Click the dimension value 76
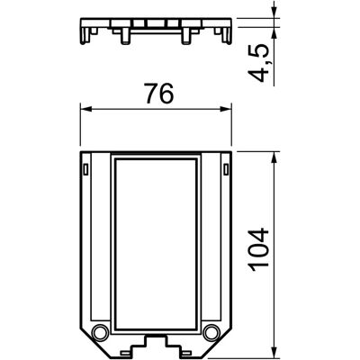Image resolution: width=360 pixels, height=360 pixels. point(158,94)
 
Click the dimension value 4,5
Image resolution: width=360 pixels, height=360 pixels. point(259,63)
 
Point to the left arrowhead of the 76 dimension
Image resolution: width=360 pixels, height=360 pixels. point(85,109)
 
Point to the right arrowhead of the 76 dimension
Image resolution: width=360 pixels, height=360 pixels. point(226,109)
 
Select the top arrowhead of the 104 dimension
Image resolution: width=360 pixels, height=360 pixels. point(274,157)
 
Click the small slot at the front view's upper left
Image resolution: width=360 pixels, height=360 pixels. point(85,169)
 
